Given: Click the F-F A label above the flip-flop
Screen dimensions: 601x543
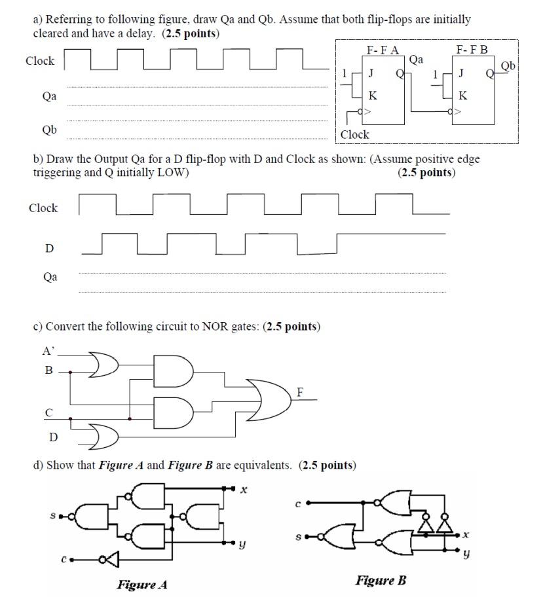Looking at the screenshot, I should (x=383, y=50).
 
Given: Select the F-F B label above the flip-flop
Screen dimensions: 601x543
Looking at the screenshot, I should (x=472, y=50).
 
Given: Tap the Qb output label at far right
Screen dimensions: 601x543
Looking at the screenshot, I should (x=509, y=65).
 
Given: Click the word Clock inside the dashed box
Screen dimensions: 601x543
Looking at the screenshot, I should (x=355, y=134).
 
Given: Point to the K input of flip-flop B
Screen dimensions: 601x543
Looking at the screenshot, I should (x=463, y=95).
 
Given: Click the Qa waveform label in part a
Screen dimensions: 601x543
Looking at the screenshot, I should (x=49, y=96).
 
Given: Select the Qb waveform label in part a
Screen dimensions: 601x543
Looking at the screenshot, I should (x=49, y=130).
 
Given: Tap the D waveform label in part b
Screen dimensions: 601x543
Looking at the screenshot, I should (x=49, y=249).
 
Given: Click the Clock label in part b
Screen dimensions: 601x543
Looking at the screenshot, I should (x=43, y=208).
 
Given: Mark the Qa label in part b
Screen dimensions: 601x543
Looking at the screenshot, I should (x=50, y=277).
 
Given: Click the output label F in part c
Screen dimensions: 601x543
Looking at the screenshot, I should (x=300, y=392).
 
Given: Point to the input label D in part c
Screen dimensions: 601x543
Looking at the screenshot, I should (x=53, y=437).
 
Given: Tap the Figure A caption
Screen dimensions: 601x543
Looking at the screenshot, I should (x=142, y=585).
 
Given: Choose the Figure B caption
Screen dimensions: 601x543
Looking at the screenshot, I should (x=381, y=580).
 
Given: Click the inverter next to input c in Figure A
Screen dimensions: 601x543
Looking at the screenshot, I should (x=109, y=559).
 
